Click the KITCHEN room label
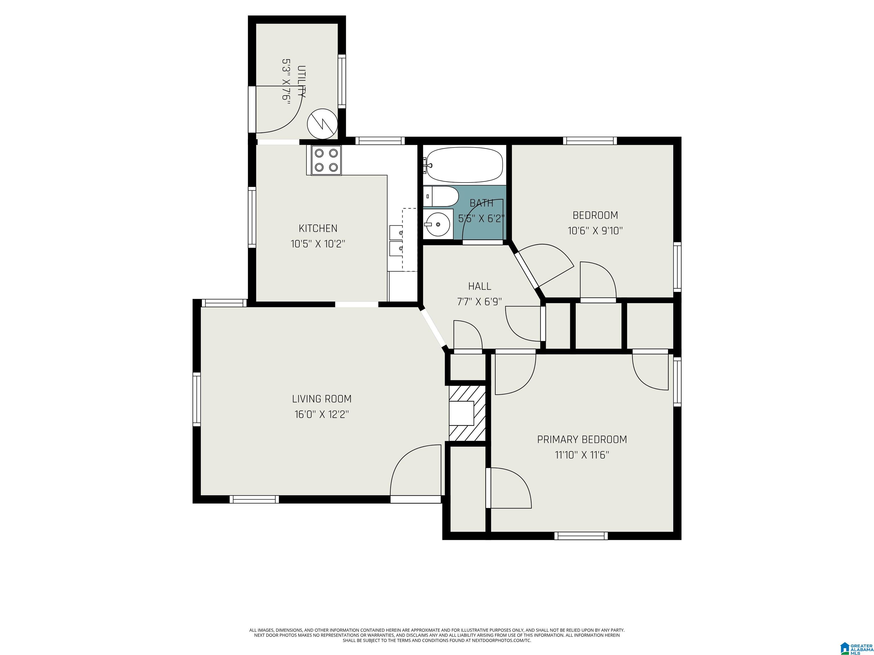(x=318, y=228)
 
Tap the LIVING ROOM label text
(x=321, y=399)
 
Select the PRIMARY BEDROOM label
(x=582, y=440)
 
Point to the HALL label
(x=480, y=286)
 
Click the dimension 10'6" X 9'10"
(x=595, y=231)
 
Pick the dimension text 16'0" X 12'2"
(x=321, y=414)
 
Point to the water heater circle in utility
(x=322, y=124)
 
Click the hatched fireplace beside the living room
(x=467, y=413)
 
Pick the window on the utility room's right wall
(x=342, y=81)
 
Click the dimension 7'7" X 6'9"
(x=479, y=302)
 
